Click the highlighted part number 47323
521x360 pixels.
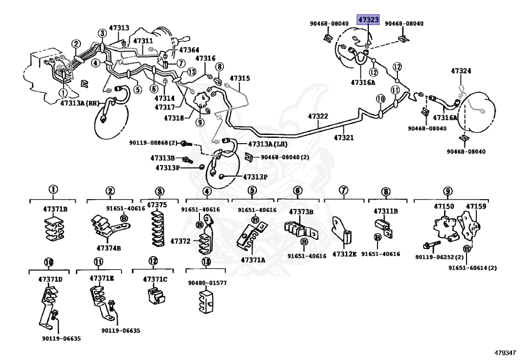coord(368,20)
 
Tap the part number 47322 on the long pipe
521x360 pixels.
coord(318,116)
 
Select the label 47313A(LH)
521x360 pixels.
coord(268,144)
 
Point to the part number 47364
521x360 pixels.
coord(189,50)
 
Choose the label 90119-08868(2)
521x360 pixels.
coord(153,143)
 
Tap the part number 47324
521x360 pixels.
coord(461,71)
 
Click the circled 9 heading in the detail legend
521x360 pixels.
coord(448,191)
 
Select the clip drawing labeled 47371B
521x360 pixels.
coord(54,228)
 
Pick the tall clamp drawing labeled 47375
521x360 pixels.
coord(157,228)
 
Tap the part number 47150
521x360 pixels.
coord(444,206)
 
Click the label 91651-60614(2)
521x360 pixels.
coord(473,268)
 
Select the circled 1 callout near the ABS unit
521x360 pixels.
coord(63,93)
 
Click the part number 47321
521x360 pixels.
coord(344,137)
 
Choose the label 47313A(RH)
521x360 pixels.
coord(80,103)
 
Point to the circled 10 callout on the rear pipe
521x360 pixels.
coord(381,99)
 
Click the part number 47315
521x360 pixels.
coord(240,78)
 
